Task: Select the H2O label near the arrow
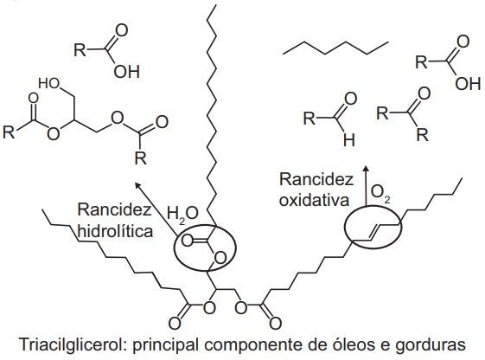(182, 215)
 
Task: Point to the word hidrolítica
(115, 230)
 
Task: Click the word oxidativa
(315, 199)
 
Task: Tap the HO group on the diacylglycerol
(49, 83)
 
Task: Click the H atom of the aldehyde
(349, 140)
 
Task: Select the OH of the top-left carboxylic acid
(127, 72)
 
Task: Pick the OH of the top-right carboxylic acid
(468, 83)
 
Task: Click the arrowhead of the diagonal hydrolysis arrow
(137, 185)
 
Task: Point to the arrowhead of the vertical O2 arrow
(366, 168)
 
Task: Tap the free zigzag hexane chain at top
(335, 48)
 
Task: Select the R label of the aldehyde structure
(310, 119)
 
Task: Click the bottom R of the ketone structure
(423, 134)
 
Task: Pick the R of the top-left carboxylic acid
(80, 49)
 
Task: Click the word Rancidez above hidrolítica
(114, 209)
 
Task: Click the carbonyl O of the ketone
(424, 93)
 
